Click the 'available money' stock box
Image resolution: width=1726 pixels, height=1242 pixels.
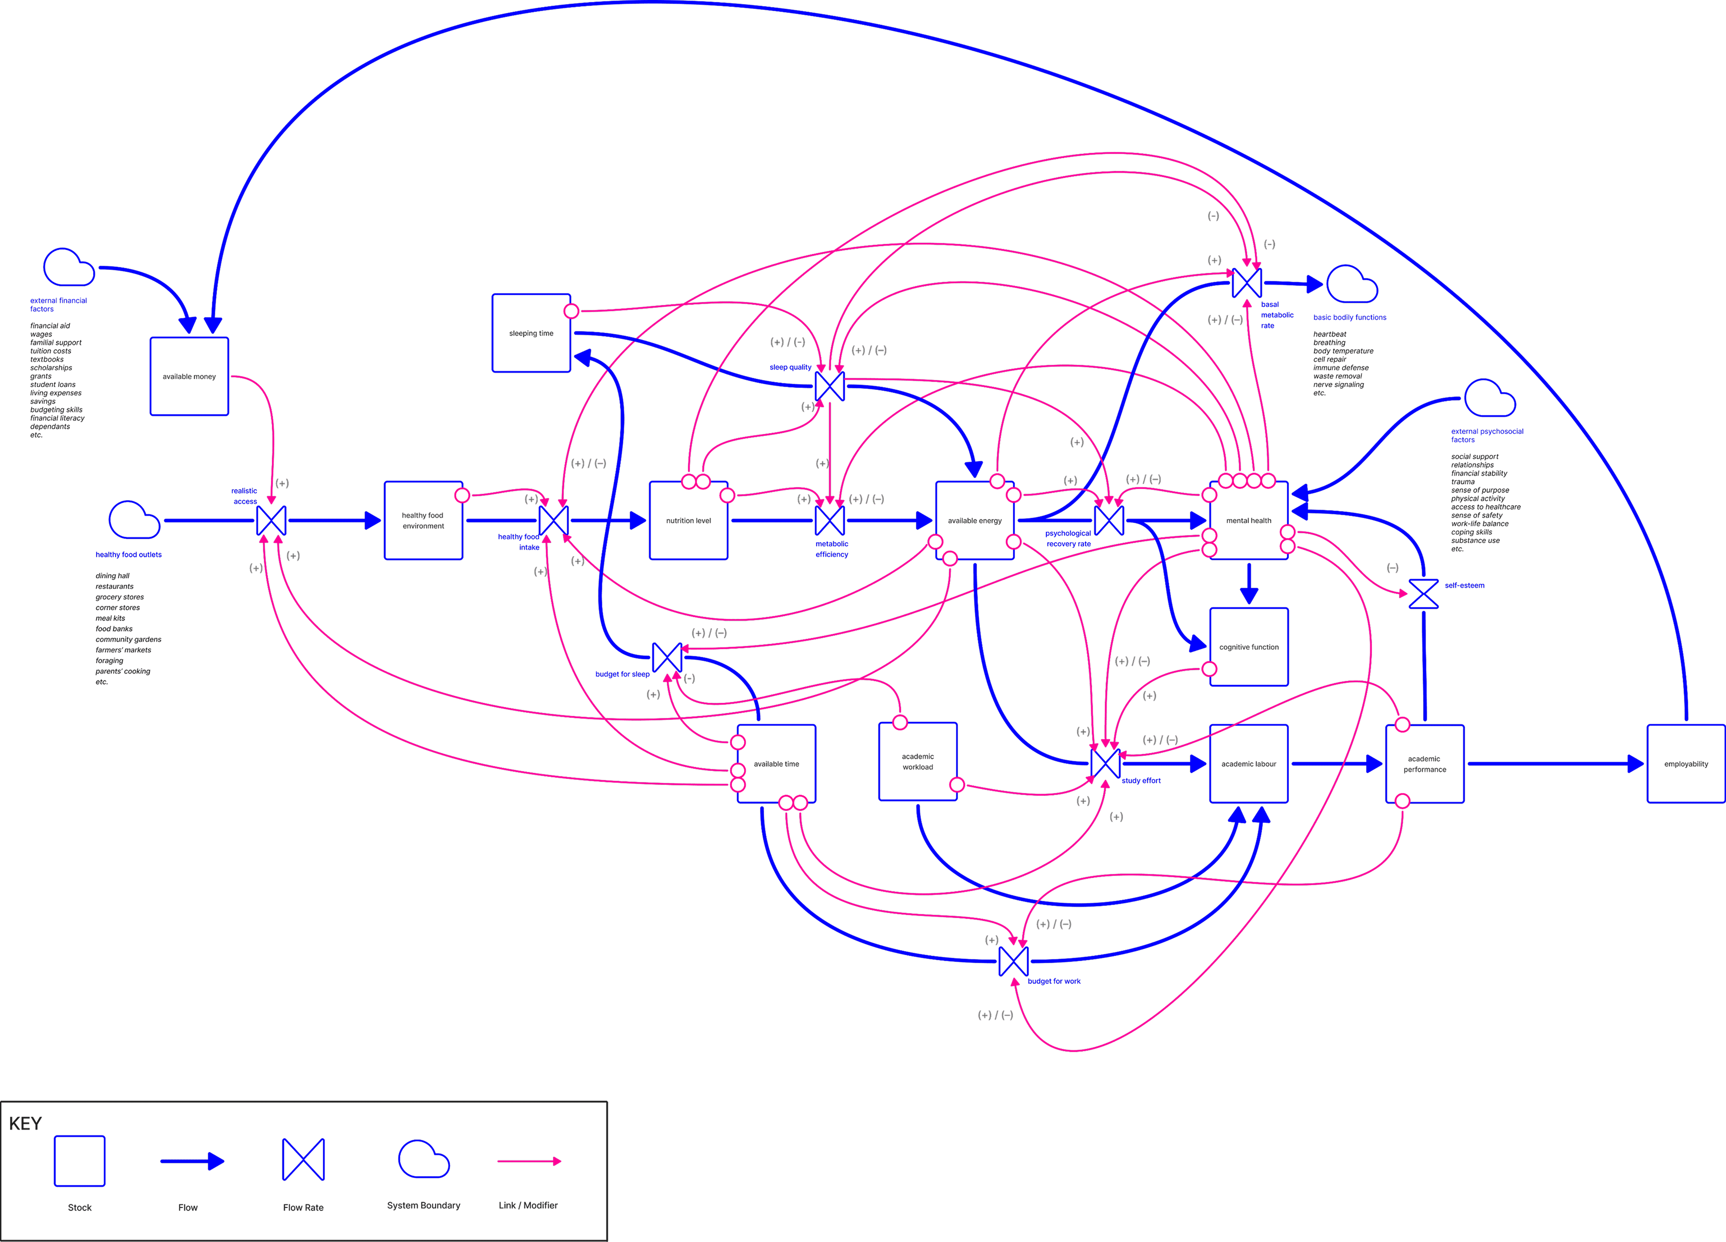[189, 377]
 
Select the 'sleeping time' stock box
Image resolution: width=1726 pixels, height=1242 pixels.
[531, 333]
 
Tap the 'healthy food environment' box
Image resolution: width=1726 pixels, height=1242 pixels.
[423, 521]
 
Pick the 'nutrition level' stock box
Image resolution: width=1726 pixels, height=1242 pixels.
[688, 521]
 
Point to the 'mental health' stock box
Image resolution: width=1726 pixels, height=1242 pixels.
[1248, 521]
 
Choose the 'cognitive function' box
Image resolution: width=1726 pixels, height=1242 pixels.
[1248, 647]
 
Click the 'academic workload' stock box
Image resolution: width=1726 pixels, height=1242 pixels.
[918, 762]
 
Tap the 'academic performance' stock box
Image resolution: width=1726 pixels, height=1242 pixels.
[1424, 764]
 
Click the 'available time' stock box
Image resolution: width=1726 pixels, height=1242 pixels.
[776, 763]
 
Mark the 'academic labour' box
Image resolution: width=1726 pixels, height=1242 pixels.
[1248, 763]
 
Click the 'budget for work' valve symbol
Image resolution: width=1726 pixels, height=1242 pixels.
[1013, 961]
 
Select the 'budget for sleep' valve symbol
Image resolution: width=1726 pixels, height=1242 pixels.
[667, 657]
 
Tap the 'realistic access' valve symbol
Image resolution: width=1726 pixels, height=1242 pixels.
[271, 521]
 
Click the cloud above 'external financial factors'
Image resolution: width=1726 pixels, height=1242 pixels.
[69, 267]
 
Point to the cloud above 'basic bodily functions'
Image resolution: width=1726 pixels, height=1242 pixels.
[1351, 285]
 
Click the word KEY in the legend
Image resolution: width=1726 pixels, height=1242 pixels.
[25, 1124]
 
